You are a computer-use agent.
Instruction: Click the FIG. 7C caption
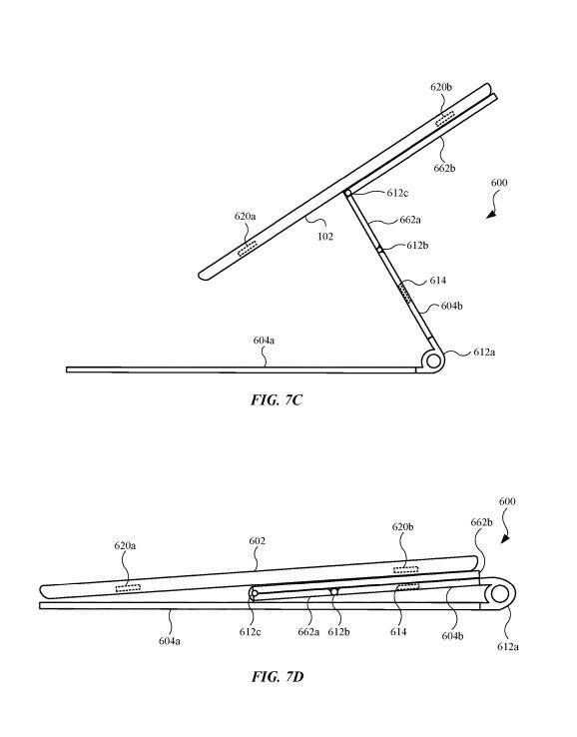coord(277,400)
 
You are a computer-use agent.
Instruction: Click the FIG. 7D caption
coord(278,677)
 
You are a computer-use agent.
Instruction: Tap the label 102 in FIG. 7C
coord(325,236)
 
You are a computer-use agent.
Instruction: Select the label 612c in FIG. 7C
coord(397,193)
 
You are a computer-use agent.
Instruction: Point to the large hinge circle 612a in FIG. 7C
coord(433,362)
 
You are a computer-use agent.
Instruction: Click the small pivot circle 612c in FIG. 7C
coord(347,193)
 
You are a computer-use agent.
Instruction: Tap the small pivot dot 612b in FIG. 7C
coord(379,249)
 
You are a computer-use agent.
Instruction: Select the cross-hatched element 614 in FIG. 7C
coord(404,293)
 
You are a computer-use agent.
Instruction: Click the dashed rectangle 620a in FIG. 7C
coord(248,249)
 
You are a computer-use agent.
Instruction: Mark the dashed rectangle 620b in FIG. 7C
coord(445,119)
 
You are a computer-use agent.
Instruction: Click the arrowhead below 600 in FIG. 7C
coord(491,214)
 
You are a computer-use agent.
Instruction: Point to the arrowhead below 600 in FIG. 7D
coord(505,537)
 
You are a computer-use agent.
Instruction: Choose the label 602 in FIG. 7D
coord(257,541)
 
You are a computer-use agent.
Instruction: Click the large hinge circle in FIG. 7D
coord(499,594)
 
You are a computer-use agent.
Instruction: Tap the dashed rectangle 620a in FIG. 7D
coord(128,587)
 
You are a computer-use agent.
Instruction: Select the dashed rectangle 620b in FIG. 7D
coord(405,569)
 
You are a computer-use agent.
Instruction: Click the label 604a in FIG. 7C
coord(264,340)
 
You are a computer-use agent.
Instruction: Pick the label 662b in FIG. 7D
coord(481,522)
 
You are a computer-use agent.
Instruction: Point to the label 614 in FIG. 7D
coord(398,632)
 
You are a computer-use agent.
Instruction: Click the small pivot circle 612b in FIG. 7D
coord(334,591)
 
